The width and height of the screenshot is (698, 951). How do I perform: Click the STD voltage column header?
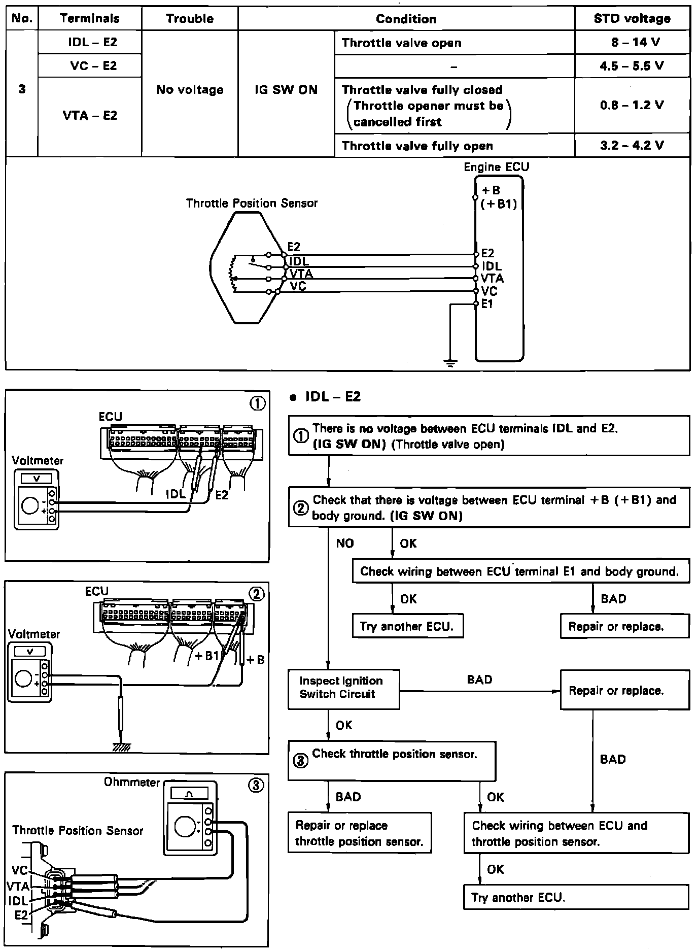[x=632, y=19]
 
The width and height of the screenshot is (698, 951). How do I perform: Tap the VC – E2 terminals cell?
[x=90, y=65]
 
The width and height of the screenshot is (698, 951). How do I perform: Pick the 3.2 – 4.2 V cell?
[x=632, y=146]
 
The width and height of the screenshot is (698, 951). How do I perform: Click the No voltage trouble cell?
[x=190, y=90]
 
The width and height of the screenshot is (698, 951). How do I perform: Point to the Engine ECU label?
[x=496, y=167]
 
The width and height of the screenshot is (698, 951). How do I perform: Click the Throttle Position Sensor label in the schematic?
[x=252, y=203]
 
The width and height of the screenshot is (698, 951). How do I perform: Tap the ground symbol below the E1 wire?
[x=450, y=362]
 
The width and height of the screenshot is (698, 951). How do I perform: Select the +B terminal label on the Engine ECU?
[x=491, y=190]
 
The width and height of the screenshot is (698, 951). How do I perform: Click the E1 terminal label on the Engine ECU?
[x=487, y=304]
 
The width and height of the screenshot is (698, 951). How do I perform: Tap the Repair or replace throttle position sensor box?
[x=359, y=833]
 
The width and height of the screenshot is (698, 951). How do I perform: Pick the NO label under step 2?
[x=345, y=544]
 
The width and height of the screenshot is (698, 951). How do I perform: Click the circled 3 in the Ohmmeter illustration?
[x=256, y=786]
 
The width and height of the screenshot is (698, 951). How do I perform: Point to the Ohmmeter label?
[x=132, y=783]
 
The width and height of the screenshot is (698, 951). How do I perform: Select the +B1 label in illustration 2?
[x=206, y=656]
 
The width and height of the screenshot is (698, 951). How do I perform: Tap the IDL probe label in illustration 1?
[x=176, y=494]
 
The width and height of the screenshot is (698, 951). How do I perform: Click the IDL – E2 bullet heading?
[x=332, y=397]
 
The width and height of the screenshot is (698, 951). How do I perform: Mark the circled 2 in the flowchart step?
[x=301, y=508]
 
